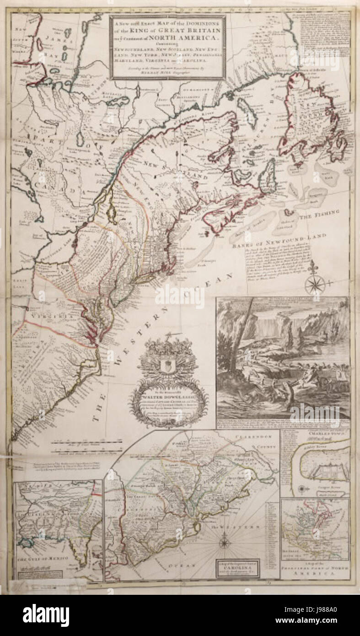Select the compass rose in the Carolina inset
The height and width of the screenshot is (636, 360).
[x=225, y=543]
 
